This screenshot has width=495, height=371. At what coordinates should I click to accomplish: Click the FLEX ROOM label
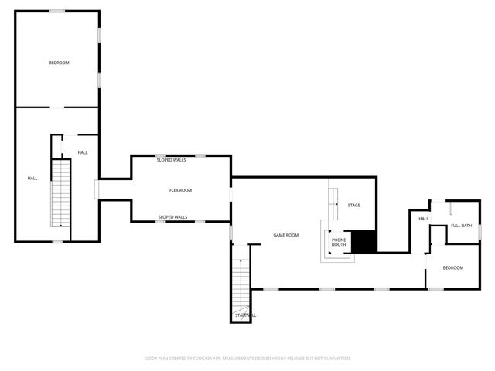pyautogui.click(x=180, y=190)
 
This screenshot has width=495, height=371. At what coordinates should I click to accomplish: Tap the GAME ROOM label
pyautogui.click(x=286, y=235)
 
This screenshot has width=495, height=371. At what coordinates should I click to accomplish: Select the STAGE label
pyautogui.click(x=353, y=205)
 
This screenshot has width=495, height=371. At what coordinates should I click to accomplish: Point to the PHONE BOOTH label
pyautogui.click(x=339, y=243)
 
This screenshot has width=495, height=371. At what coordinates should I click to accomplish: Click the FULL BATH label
pyautogui.click(x=461, y=226)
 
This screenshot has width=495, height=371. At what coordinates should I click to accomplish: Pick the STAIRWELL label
pyautogui.click(x=245, y=315)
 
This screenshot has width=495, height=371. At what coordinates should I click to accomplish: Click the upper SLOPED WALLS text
pyautogui.click(x=172, y=160)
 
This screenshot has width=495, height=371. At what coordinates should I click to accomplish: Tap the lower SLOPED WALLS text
pyautogui.click(x=172, y=217)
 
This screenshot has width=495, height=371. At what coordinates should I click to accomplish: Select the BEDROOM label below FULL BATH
pyautogui.click(x=452, y=267)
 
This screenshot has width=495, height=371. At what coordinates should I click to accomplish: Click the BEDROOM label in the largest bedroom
pyautogui.click(x=59, y=63)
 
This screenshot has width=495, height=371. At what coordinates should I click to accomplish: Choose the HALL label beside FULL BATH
pyautogui.click(x=424, y=219)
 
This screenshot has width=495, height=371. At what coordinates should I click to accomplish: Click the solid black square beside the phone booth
pyautogui.click(x=364, y=241)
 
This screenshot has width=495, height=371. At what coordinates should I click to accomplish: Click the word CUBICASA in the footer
pyautogui.click(x=207, y=359)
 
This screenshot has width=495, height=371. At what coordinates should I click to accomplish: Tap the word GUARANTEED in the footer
pyautogui.click(x=336, y=359)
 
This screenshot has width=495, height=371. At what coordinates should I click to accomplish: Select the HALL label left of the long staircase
pyautogui.click(x=32, y=179)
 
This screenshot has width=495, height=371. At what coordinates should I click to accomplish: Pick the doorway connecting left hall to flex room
pyautogui.click(x=97, y=189)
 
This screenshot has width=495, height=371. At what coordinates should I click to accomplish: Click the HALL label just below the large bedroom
pyautogui.click(x=82, y=152)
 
